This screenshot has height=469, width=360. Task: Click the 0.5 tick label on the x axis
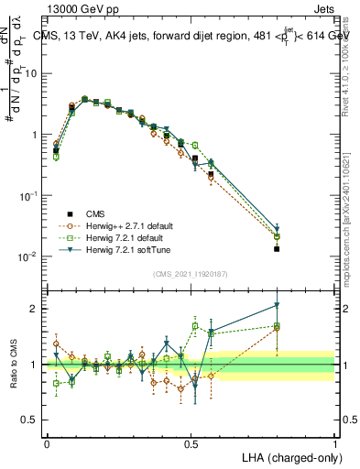[191, 443]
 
